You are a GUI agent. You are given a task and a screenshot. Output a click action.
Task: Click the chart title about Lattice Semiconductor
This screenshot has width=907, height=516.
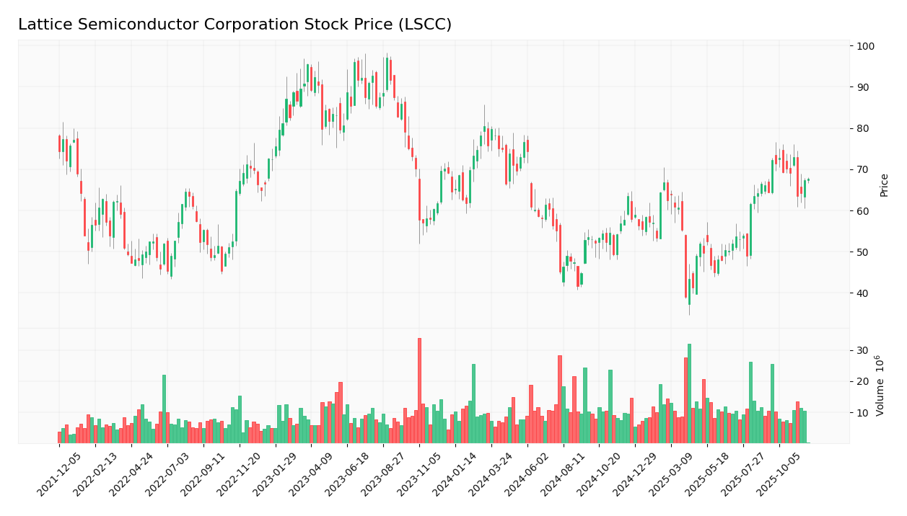[235, 25]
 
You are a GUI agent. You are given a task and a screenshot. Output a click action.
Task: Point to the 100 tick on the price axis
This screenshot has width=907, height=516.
[865, 46]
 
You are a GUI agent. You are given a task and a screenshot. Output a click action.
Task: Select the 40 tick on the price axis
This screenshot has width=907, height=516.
[863, 293]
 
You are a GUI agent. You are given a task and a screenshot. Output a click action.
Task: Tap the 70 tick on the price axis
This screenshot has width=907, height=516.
[863, 170]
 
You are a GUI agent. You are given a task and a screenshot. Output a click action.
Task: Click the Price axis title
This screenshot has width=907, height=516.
[884, 184]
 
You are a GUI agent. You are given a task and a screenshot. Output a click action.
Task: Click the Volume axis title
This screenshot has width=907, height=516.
[880, 386]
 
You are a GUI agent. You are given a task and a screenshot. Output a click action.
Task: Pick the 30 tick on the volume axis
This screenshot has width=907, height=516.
[863, 351]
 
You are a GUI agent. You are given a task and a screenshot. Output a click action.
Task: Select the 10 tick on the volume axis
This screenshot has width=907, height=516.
[863, 413]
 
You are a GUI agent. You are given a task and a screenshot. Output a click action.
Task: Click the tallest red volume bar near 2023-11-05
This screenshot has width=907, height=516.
[419, 391]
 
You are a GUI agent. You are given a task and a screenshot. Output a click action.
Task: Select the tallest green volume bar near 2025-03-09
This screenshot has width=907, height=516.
[689, 393]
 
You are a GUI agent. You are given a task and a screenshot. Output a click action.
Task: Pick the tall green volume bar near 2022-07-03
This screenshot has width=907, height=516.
[164, 409]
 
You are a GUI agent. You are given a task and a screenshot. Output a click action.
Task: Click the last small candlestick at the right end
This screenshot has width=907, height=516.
[808, 180]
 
